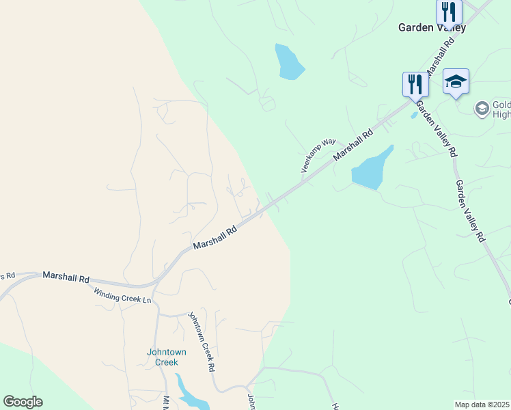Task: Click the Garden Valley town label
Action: point(432,28)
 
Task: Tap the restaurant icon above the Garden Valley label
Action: point(449,12)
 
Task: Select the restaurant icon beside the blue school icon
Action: point(415,84)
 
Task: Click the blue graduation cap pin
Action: point(456,82)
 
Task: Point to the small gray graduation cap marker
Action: point(482,108)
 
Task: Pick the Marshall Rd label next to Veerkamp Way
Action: point(354,146)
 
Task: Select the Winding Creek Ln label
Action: point(122,295)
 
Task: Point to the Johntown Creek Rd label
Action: point(202,342)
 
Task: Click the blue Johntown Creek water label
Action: point(167,357)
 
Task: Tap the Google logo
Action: point(23,402)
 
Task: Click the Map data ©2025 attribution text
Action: point(482,405)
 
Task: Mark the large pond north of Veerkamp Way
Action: point(289,62)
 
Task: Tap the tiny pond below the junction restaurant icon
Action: point(414,115)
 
